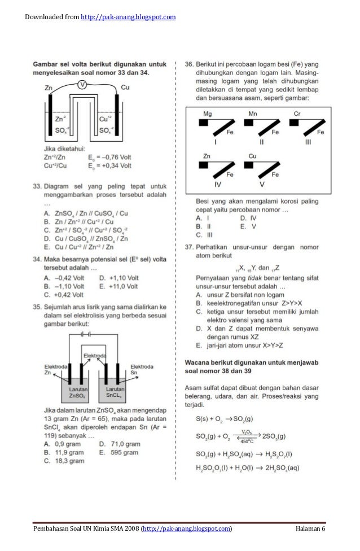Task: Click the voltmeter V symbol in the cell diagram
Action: [x=82, y=85]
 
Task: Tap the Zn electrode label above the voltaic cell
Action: [x=49, y=89]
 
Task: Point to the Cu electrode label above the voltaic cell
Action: [x=125, y=88]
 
